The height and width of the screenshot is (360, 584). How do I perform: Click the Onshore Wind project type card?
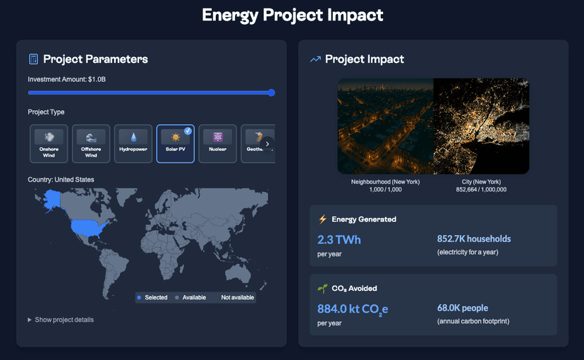(49, 143)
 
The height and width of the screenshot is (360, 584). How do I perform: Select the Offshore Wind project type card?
(91, 143)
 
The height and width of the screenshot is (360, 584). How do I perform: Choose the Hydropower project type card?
(133, 143)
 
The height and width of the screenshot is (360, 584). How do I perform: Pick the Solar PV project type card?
(175, 143)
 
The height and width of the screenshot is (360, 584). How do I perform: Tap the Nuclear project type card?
(217, 143)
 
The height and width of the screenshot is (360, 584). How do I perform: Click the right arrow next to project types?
(267, 143)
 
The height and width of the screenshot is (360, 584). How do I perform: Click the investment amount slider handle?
(272, 92)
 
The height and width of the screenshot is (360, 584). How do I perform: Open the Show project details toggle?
(61, 320)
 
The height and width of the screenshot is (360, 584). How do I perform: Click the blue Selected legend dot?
(139, 298)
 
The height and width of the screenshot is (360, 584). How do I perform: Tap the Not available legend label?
(237, 298)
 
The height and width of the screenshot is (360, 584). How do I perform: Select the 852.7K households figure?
(474, 239)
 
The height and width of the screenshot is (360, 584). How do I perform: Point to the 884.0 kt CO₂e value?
(353, 308)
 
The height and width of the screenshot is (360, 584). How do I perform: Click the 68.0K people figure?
(463, 308)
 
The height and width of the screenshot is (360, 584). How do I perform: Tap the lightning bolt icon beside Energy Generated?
(322, 219)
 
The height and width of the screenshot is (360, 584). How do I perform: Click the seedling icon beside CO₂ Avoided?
(322, 288)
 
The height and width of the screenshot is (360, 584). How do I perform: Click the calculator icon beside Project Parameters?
(33, 59)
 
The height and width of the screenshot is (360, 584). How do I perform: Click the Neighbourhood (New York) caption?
(385, 182)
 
